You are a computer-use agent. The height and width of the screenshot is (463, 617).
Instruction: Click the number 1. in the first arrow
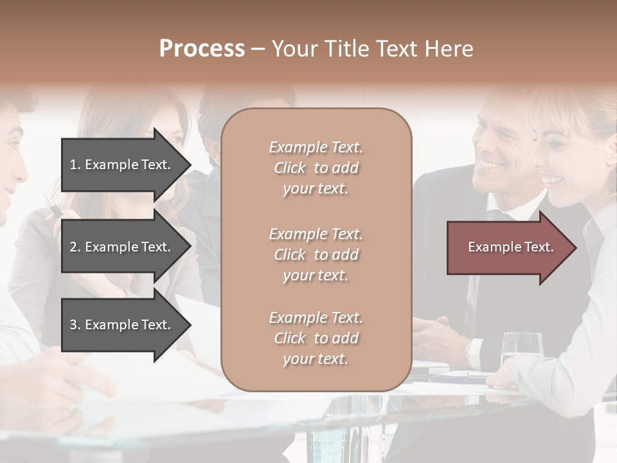point(75,165)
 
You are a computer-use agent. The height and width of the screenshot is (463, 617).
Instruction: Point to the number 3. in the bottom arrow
point(75,325)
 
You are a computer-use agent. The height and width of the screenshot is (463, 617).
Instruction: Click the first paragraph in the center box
point(316,168)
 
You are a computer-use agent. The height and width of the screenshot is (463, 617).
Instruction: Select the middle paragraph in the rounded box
point(316,255)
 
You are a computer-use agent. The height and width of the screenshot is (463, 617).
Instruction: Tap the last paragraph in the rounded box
point(316,338)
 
